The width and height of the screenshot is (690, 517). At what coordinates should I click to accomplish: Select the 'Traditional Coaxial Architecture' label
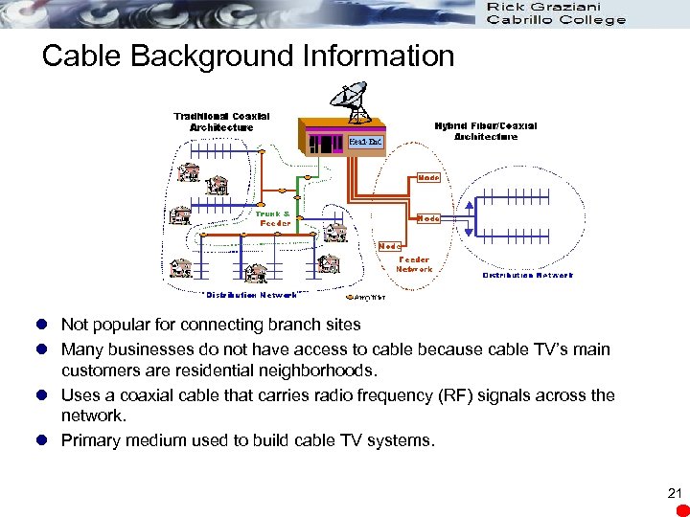221,122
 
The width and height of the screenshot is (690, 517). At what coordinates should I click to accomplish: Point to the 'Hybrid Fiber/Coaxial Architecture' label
486,130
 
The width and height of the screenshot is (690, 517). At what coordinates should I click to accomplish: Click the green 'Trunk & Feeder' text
276,218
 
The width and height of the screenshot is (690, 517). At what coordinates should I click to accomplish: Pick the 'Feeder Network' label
414,264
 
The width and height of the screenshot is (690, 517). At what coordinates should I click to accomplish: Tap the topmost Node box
428,178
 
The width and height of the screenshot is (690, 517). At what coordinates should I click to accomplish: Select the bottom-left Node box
390,246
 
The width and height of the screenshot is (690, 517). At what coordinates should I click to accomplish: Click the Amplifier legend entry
345,298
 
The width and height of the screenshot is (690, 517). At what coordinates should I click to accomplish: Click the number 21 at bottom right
674,494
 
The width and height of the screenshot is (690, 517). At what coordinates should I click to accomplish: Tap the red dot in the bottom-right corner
678,507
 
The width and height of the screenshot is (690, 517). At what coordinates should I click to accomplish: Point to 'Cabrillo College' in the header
556,20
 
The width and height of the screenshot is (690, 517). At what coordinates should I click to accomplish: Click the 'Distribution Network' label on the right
527,276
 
